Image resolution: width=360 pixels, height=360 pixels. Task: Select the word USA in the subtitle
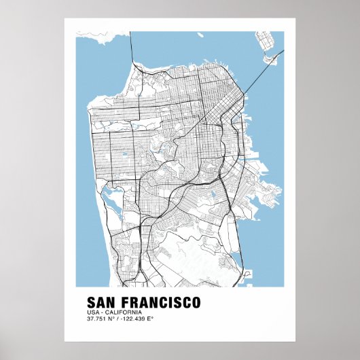coord(92,311)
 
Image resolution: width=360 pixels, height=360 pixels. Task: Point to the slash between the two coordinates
coord(118,319)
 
